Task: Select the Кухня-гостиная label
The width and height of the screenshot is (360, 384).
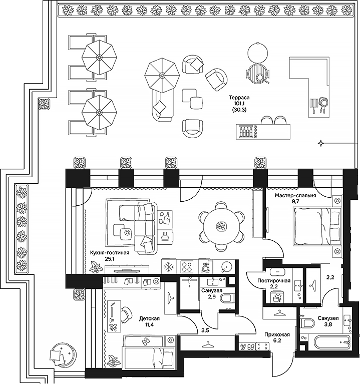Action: pyautogui.click(x=109, y=253)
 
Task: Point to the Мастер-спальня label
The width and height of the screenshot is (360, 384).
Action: pyautogui.click(x=294, y=196)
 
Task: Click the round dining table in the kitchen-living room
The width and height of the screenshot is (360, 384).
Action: pyautogui.click(x=221, y=227)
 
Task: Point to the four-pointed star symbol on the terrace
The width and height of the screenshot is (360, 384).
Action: pyautogui.click(x=320, y=144)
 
